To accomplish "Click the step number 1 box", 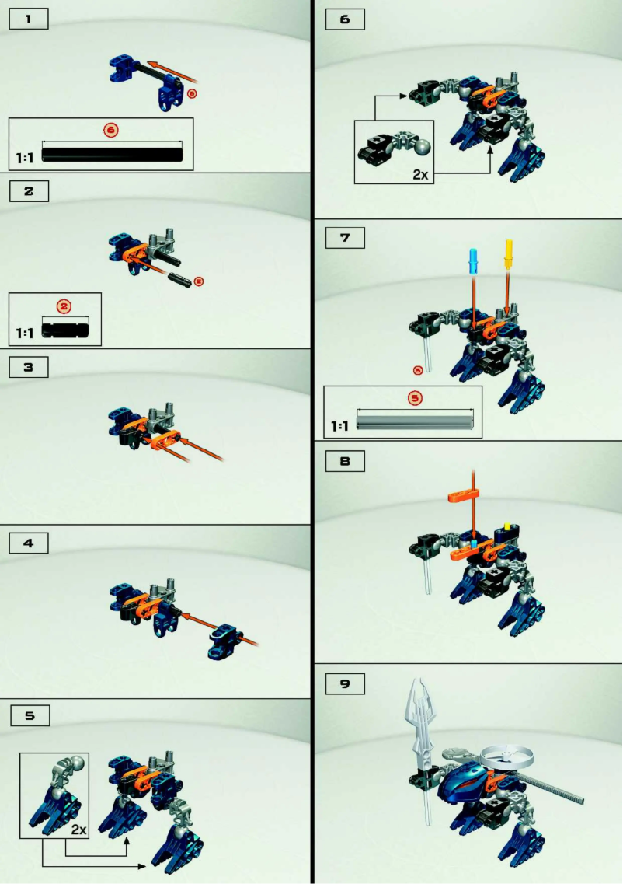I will [x=29, y=19].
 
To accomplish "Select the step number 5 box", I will [x=29, y=716].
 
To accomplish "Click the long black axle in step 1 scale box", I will [x=113, y=153].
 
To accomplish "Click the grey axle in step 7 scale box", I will [x=415, y=423].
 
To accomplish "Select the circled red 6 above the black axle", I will [x=110, y=131].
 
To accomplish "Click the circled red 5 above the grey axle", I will [x=415, y=398].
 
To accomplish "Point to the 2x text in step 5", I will [x=78, y=830].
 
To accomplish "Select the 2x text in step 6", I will [x=420, y=174].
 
